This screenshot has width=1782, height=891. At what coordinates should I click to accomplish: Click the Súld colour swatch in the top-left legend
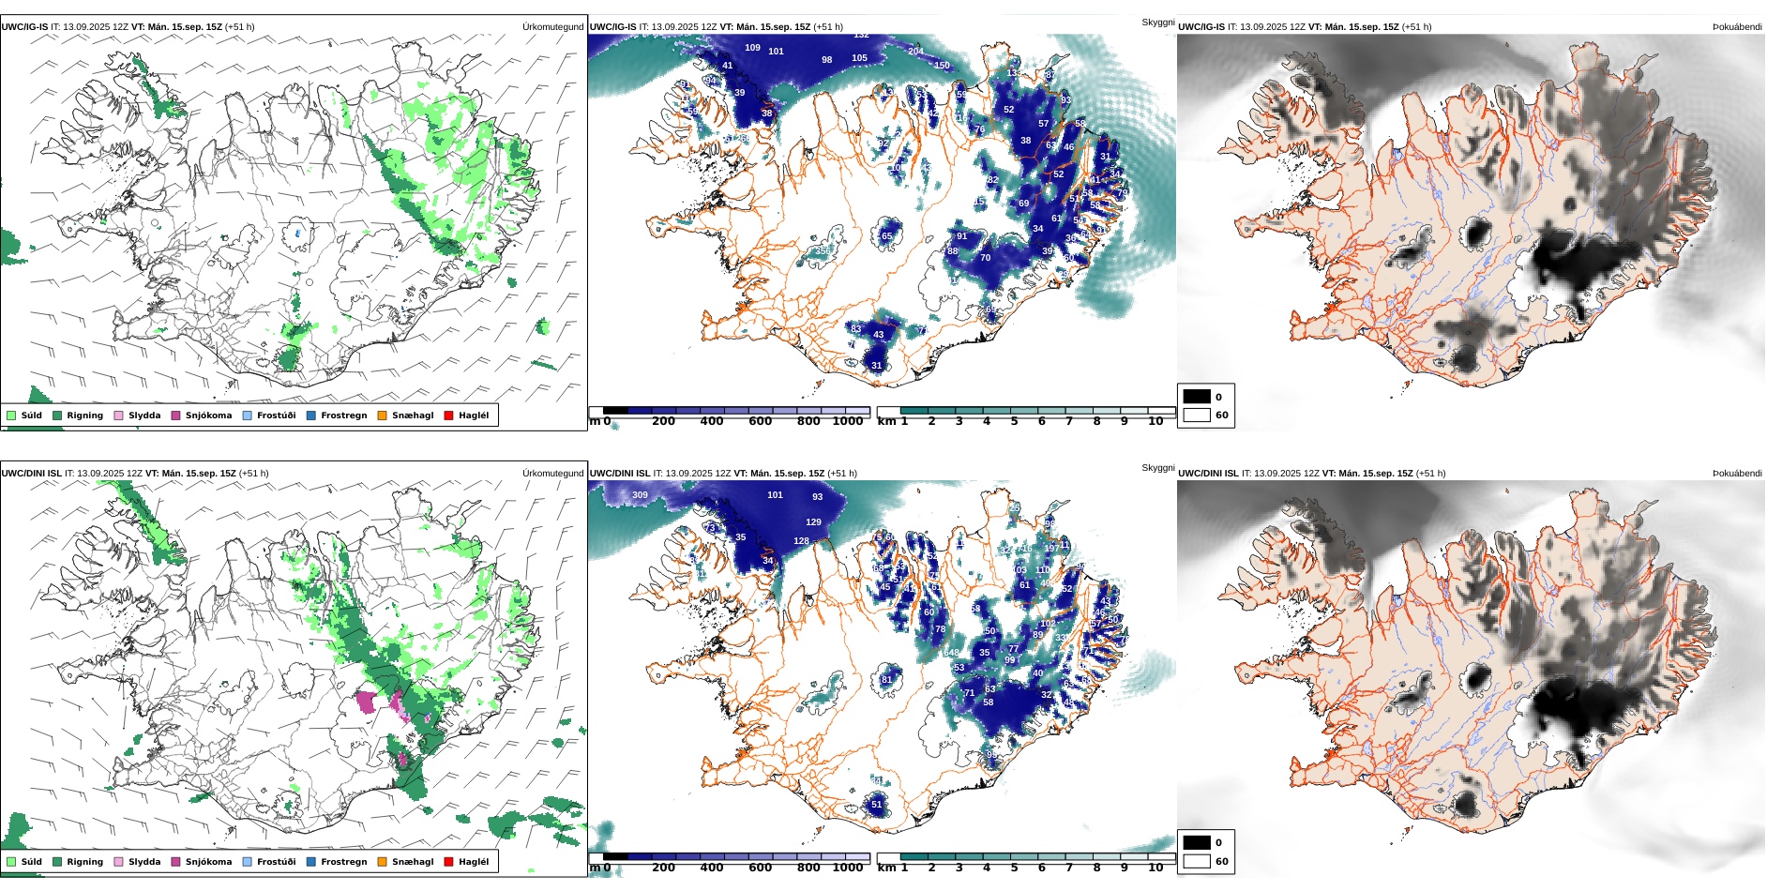click(11, 415)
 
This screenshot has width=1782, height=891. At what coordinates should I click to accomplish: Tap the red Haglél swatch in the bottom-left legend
click(448, 862)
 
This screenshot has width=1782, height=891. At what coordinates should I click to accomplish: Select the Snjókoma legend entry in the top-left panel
click(175, 415)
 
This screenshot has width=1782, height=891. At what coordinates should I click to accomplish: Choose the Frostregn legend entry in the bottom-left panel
click(311, 862)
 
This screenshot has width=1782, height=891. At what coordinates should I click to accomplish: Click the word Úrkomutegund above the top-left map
click(552, 27)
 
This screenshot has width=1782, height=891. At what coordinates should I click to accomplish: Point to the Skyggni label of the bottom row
click(1157, 467)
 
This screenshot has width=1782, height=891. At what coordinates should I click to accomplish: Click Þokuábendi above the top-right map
click(1737, 27)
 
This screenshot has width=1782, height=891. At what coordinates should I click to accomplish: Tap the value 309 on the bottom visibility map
click(640, 494)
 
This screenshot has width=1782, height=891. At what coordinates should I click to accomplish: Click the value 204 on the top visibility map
click(915, 52)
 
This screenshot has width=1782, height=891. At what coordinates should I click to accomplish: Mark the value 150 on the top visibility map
click(942, 66)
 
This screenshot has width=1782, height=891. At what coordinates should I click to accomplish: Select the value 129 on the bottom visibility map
click(813, 522)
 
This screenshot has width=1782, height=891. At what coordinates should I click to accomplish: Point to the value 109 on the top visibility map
click(752, 48)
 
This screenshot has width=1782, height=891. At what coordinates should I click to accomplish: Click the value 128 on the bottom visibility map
click(801, 541)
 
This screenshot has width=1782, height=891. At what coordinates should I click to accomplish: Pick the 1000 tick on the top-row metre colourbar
click(847, 422)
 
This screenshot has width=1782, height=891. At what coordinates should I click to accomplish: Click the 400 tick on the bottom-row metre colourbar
click(712, 868)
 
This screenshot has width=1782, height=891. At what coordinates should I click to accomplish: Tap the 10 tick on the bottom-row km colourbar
click(1155, 868)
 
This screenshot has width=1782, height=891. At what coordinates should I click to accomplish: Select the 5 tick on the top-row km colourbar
click(1014, 422)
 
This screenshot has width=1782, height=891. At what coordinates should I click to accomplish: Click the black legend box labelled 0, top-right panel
click(1197, 397)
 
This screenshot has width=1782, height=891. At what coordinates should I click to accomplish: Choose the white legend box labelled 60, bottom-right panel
click(1197, 861)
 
